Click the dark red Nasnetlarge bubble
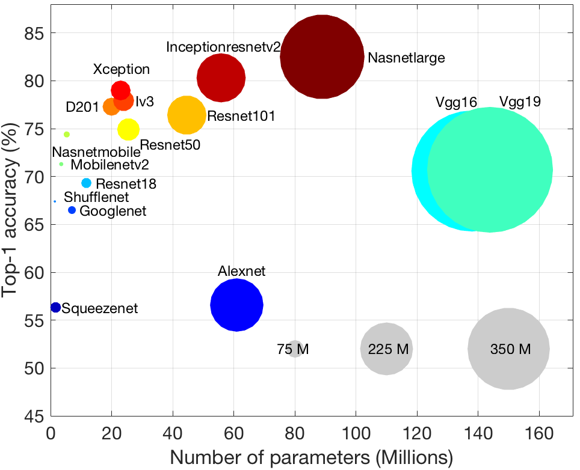(322, 56)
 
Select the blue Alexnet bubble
(236, 305)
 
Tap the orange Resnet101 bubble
(187, 116)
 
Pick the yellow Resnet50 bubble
(128, 129)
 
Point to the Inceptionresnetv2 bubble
(221, 78)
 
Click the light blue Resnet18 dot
(86, 183)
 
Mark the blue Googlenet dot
(72, 210)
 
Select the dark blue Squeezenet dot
(55, 307)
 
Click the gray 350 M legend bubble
(508, 349)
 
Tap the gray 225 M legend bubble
(387, 349)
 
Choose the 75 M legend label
(293, 349)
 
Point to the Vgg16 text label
(456, 102)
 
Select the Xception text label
(121, 69)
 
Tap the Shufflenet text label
(96, 197)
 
